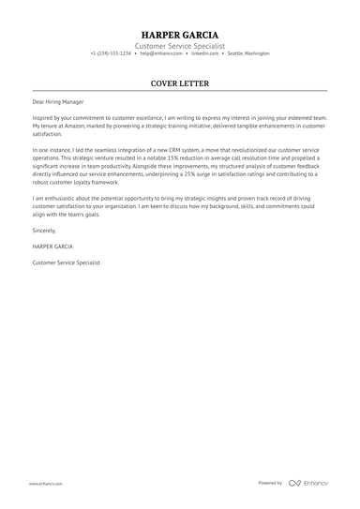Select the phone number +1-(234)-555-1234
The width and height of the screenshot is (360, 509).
[111, 53]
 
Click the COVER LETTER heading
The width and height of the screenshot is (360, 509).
[180, 83]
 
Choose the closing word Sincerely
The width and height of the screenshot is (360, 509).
[44, 230]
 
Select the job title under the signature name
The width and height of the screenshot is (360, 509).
[66, 262]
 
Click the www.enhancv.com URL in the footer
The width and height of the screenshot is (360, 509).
[45, 484]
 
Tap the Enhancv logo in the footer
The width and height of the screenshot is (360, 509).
[308, 483]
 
